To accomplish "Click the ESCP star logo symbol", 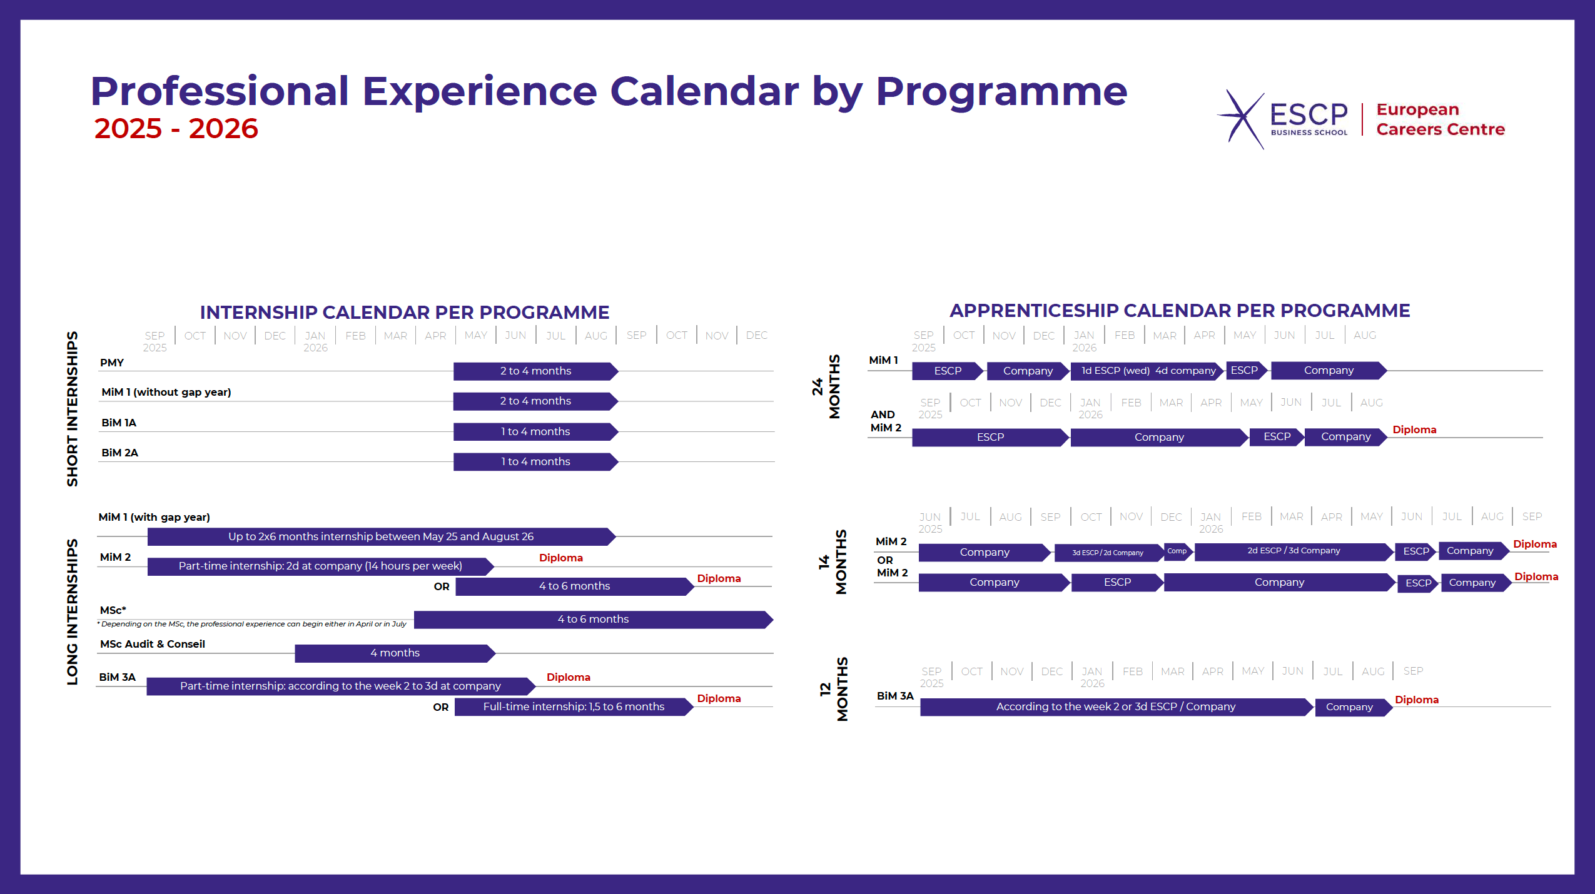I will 1242,119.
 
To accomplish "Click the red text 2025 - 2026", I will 176,129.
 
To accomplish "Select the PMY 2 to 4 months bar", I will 535,371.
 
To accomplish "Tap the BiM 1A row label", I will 119,423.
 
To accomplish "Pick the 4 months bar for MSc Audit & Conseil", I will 395,653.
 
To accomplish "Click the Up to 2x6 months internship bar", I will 380,536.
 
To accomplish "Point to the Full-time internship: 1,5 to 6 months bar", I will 573,706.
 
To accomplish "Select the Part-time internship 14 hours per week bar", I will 320,566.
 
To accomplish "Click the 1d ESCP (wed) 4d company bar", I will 1147,371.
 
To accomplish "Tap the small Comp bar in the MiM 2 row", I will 1177,551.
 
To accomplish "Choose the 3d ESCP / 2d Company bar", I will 1107,553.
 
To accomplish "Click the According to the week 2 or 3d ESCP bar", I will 1115,706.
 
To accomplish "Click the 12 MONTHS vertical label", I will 834,689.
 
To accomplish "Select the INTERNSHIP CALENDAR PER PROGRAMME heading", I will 404,312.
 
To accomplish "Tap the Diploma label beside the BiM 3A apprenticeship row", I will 1416,700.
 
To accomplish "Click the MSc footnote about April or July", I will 251,624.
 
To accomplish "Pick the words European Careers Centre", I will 1440,119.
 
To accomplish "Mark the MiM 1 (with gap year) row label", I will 154,517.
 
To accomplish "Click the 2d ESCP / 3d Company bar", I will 1293,551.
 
